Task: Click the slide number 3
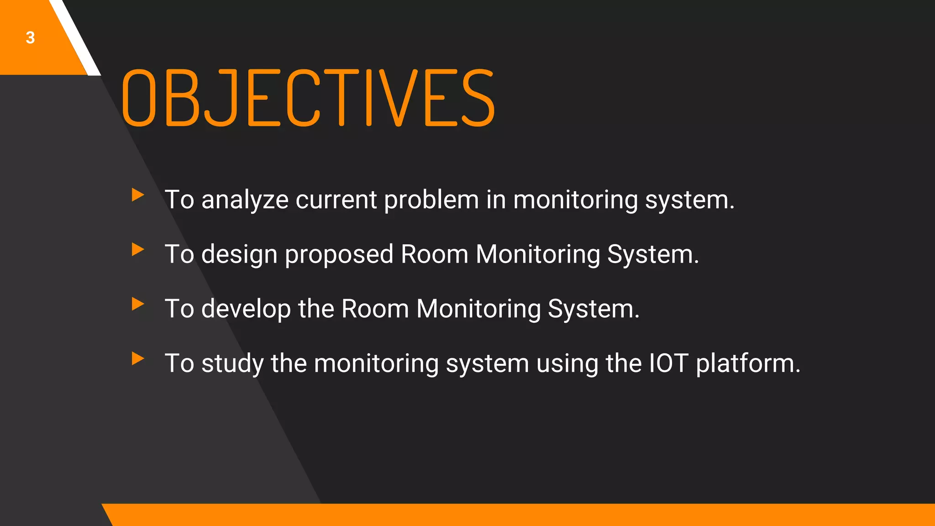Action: (x=30, y=37)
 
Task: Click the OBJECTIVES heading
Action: (x=308, y=98)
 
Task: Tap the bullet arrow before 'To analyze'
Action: (x=137, y=195)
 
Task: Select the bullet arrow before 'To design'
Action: (x=137, y=249)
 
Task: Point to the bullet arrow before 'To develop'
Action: (x=137, y=304)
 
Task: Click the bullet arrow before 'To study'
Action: (x=137, y=358)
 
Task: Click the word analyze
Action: (x=245, y=200)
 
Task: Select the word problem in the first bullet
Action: (x=431, y=200)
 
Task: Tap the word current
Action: (x=336, y=200)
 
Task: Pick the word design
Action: (x=239, y=255)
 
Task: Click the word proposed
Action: (x=339, y=255)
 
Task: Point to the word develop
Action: (x=246, y=309)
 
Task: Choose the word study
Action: (x=232, y=364)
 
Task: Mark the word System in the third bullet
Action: (x=594, y=309)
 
